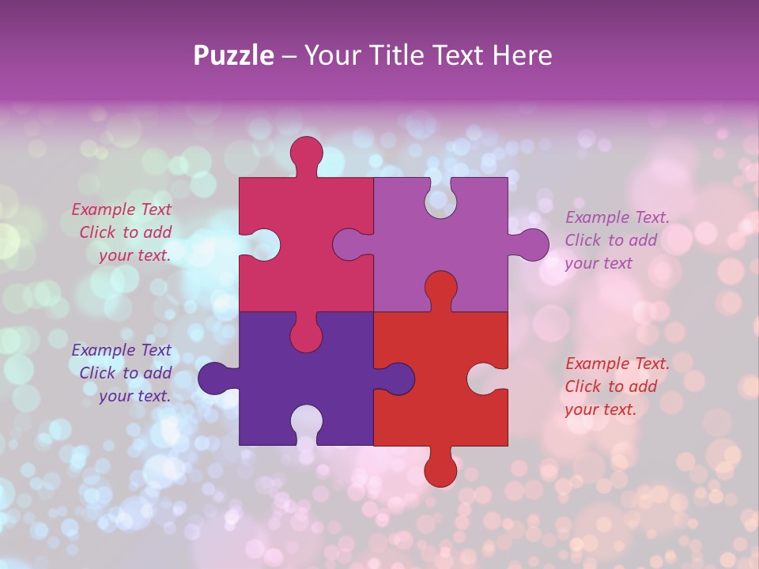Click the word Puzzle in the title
(x=233, y=55)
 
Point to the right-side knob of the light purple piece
(x=532, y=244)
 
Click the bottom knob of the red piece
(x=440, y=470)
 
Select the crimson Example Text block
(x=123, y=232)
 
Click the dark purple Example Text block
(x=123, y=373)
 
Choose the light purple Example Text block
(x=617, y=240)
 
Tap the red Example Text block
(x=617, y=386)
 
